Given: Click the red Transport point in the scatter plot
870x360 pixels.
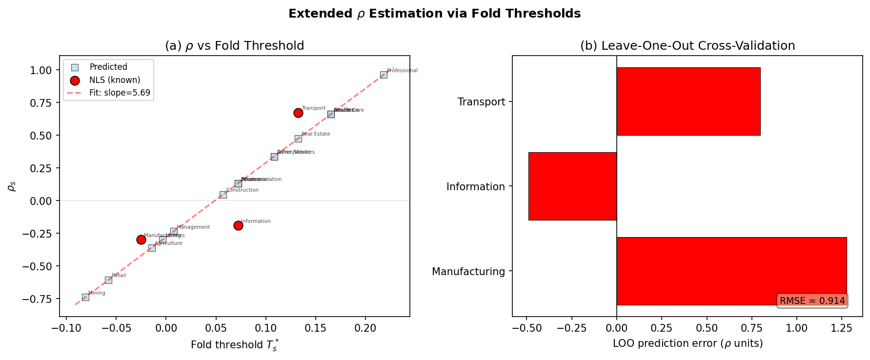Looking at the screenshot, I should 298,113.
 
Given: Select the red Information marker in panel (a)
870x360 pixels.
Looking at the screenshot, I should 238,225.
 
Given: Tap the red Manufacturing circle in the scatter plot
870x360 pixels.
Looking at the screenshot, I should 141,240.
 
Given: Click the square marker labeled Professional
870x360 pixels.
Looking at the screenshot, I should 384,75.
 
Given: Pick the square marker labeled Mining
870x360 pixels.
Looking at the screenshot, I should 85,297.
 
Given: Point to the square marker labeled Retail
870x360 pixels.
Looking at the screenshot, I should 108,280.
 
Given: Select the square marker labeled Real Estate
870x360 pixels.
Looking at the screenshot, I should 298,139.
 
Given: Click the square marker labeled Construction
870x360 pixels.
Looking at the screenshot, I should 223,195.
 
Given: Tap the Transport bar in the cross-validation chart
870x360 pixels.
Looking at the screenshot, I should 688,101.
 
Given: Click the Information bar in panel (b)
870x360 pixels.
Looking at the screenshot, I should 572,186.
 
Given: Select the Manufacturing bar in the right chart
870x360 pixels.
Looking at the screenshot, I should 731,271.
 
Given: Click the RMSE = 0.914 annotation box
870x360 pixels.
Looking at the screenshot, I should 812,301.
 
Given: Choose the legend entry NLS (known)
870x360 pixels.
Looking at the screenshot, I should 115,80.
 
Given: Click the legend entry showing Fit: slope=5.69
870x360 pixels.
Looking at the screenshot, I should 120,93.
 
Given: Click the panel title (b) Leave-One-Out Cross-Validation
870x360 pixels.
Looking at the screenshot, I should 687,46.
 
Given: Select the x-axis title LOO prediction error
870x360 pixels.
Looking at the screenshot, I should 687,343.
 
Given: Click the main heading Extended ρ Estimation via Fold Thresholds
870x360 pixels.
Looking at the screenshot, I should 434,14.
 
